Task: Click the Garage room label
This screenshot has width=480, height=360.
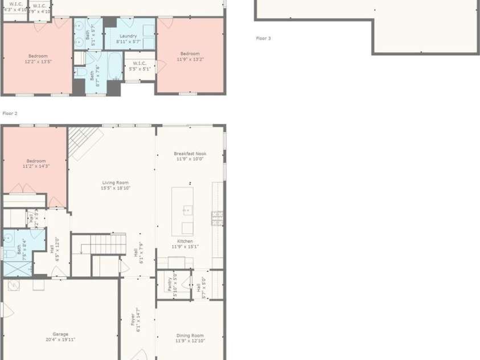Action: (60, 334)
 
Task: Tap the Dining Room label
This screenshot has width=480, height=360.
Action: (190, 336)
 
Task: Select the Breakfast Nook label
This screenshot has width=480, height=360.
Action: (190, 153)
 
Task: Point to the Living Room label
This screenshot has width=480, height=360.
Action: (115, 182)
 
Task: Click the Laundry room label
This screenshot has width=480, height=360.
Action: (128, 36)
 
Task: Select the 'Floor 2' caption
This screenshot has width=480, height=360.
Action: (10, 113)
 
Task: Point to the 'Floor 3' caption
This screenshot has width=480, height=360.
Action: (263, 38)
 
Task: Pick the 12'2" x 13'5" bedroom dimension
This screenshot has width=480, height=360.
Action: (38, 62)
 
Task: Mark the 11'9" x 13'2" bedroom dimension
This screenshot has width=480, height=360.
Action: (190, 59)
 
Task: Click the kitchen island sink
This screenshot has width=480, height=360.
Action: (187, 210)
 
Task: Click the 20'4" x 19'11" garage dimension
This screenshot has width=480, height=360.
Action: (60, 339)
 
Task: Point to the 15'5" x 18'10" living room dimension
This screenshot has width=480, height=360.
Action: (116, 188)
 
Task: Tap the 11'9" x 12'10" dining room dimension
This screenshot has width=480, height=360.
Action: (190, 341)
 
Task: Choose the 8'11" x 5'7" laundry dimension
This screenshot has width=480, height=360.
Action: (128, 42)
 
